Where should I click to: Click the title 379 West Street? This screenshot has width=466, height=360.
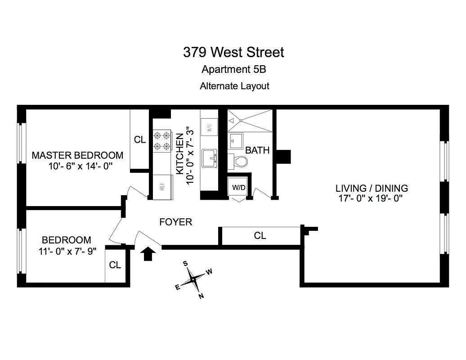click(x=233, y=52)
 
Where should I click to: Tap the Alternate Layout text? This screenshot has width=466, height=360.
click(x=234, y=85)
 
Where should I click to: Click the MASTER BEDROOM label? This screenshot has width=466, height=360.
click(x=77, y=155)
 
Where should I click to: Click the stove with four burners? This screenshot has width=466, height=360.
click(x=162, y=140)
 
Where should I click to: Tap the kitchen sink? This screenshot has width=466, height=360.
click(x=209, y=158)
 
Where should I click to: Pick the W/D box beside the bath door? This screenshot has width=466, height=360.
click(x=238, y=187)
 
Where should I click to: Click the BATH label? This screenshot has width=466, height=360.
click(x=257, y=150)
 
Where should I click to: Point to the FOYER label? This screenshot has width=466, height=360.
click(x=176, y=222)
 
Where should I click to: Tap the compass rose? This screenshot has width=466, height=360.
click(x=193, y=279)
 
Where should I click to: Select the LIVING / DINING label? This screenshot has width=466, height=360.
click(x=372, y=188)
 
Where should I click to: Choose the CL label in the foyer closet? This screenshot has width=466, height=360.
click(x=260, y=235)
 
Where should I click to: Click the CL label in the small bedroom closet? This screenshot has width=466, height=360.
click(x=115, y=265)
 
